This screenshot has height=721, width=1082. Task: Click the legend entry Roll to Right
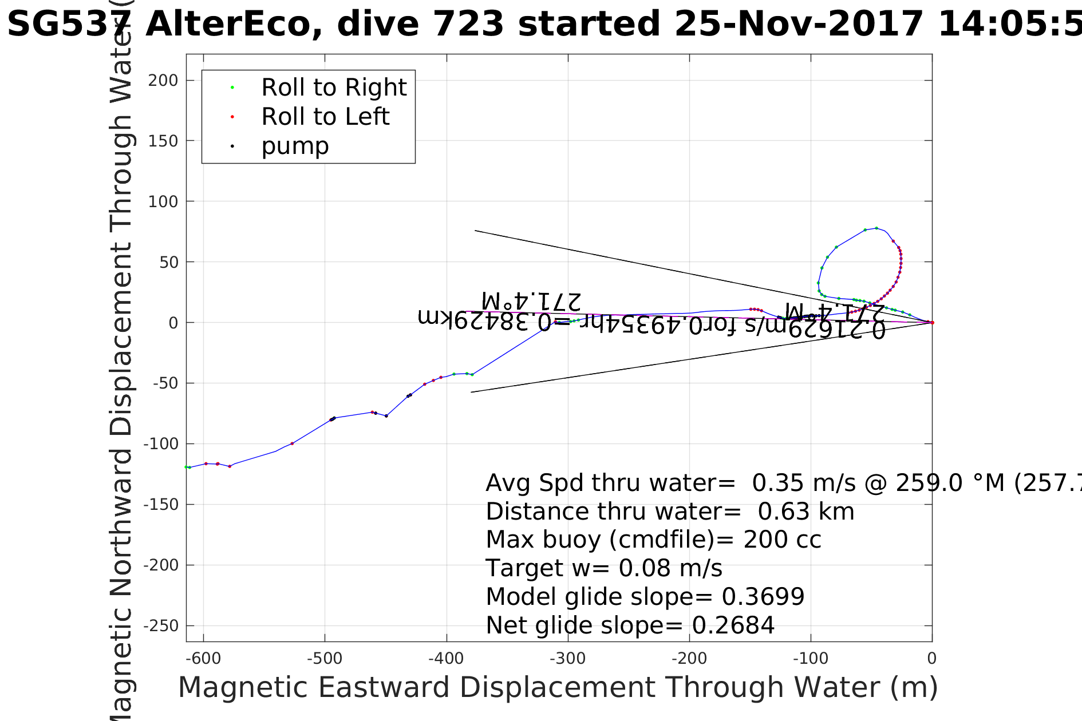pos(333,88)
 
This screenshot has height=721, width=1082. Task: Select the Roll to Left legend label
pos(325,117)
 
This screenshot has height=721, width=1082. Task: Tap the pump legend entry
pos(295,146)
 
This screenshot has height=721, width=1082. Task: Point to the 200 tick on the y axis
pos(163,81)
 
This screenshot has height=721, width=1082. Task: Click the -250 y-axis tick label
pos(160,626)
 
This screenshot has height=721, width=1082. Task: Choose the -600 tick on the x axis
pos(203,659)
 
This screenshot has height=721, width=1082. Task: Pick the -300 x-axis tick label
pos(567,659)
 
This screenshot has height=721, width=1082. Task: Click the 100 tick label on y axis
pos(163,201)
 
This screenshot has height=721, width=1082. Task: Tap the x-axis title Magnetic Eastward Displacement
pos(558,687)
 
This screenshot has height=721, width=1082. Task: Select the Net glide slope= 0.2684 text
pos(630,625)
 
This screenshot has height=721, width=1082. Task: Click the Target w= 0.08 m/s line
pos(603,568)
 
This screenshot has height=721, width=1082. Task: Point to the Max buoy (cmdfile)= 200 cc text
pos(653,540)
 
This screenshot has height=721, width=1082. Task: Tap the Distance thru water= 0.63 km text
pos(669,512)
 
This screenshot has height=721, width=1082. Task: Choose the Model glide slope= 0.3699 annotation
pos(645,597)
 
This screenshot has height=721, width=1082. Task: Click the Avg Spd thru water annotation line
pos(779,483)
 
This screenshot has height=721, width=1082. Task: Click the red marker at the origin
pos(932,323)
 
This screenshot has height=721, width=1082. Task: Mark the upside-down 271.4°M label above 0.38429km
pos(531,301)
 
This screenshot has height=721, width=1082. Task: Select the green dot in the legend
pos(232,88)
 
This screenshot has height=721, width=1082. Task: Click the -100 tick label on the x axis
pos(810,659)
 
